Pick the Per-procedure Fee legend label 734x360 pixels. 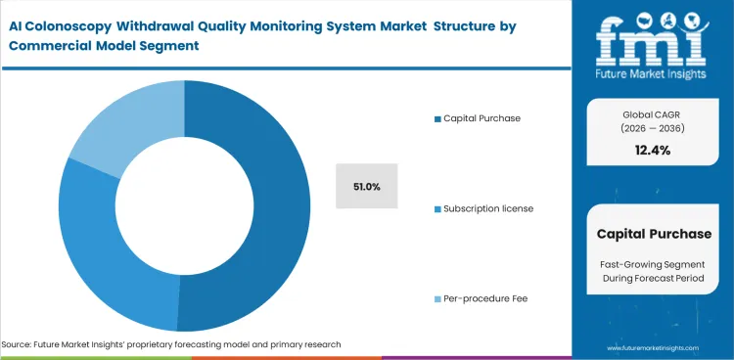click(486, 298)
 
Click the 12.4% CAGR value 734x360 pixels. click(653, 149)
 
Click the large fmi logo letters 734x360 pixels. click(652, 39)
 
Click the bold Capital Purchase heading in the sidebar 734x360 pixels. click(653, 234)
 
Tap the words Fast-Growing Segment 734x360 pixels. click(653, 266)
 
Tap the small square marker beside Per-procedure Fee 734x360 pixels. click(436, 298)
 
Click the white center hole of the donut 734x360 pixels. click(184, 206)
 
